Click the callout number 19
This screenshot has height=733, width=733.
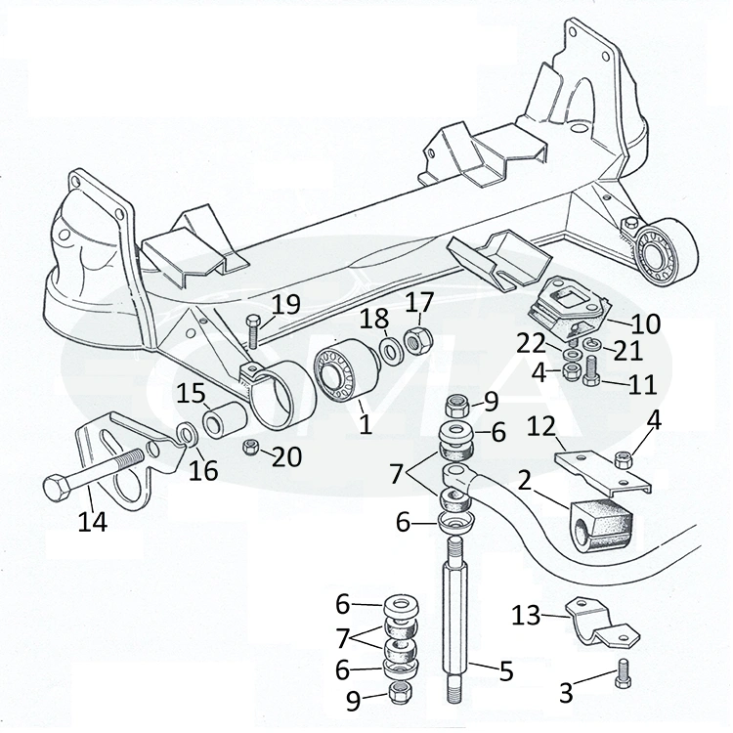pos(286,304)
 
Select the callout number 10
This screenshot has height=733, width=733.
pos(647,323)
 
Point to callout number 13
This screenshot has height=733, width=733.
pos(527,615)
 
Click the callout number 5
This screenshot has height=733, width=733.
pos(505,672)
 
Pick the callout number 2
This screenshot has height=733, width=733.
pos(524,480)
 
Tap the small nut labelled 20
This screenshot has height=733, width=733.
pos(250,449)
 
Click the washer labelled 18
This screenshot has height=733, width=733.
pos(388,351)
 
